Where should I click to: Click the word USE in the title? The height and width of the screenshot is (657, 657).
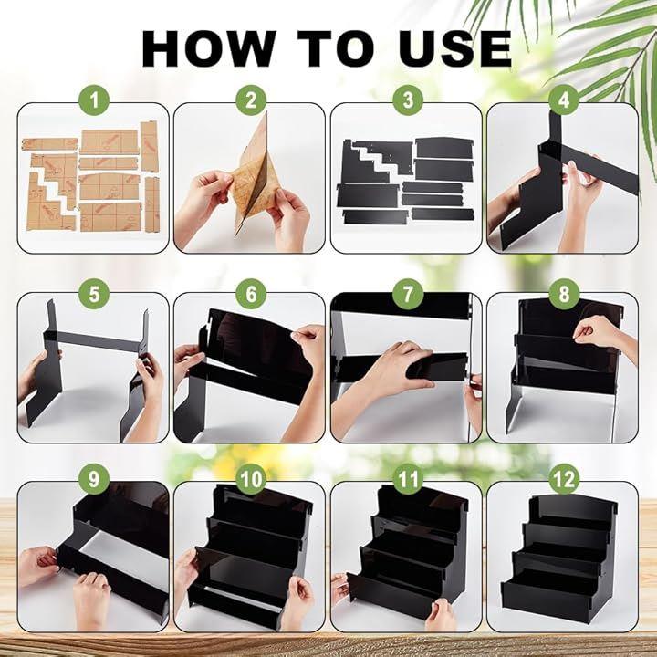tap(455, 48)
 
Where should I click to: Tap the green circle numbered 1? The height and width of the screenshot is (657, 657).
tap(94, 100)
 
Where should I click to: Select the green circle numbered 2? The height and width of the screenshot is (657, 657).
tap(251, 100)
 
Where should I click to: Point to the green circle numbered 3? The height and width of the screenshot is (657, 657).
tap(408, 100)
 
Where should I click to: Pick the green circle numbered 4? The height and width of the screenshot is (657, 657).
tap(564, 100)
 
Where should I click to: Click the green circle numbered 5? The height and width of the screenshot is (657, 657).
tap(94, 293)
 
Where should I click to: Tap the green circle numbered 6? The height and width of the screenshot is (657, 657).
tap(251, 293)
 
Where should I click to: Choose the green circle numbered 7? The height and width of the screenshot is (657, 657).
tap(408, 293)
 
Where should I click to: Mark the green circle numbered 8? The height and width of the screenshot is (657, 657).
tap(564, 293)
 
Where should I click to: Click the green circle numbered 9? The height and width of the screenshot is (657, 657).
tap(94, 479)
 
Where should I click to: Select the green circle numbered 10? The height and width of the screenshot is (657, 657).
tap(251, 479)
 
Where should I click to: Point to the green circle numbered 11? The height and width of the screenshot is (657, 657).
tap(408, 479)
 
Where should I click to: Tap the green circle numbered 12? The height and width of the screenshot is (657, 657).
tap(564, 479)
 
